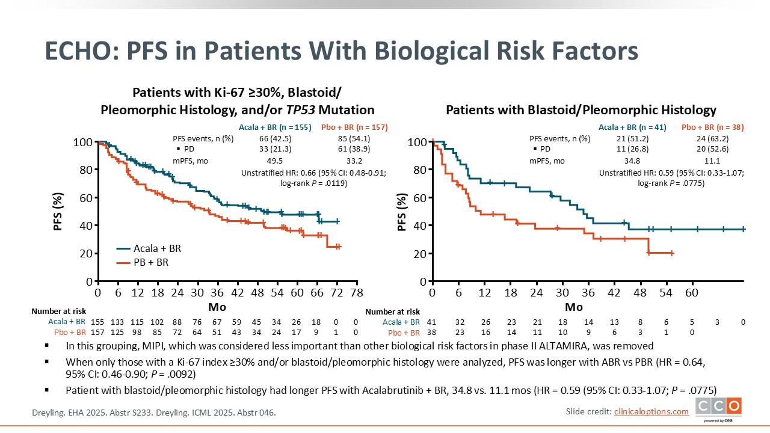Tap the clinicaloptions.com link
pos(651,411)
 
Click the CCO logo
pos(718,408)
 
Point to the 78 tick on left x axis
pos(356,292)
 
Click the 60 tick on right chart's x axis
pos(692,292)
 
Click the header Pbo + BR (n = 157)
pos(354,127)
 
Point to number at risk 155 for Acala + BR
pos(97,322)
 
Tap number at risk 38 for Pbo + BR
pos(431,333)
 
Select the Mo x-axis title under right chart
pos(574,307)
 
